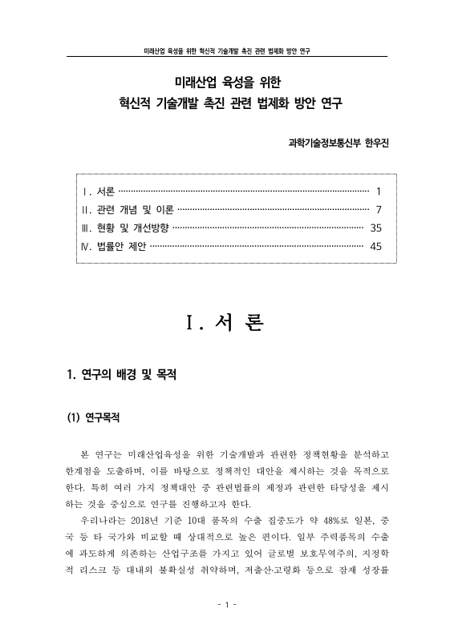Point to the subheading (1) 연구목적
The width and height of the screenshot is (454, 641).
95,418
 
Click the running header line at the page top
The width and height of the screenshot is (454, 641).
227,50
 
